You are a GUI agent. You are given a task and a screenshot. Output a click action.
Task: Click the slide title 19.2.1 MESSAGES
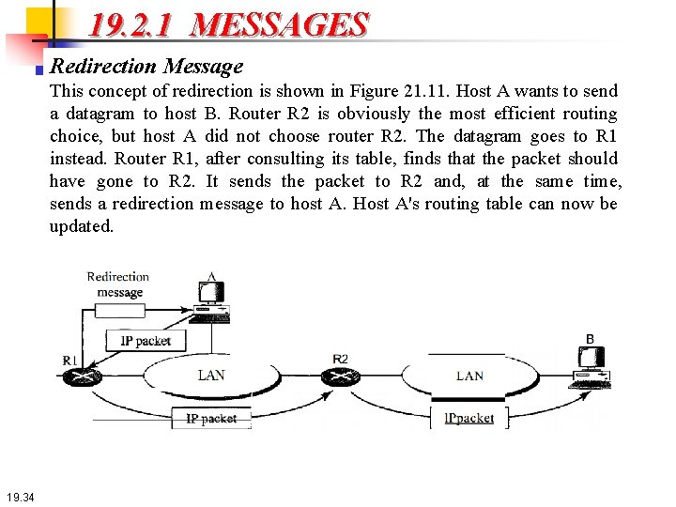tap(228, 24)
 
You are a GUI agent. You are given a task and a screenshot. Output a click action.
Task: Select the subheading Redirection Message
tap(146, 66)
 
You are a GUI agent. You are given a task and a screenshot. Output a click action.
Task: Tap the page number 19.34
tap(19, 497)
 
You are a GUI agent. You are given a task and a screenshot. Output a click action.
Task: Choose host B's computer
tap(591, 366)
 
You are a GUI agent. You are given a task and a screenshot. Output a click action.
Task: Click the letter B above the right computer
tap(590, 339)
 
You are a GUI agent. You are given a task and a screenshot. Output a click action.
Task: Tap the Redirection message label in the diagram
tap(118, 284)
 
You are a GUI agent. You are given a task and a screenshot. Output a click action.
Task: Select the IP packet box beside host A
tap(146, 341)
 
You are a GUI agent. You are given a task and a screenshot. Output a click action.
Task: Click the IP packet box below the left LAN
tap(211, 419)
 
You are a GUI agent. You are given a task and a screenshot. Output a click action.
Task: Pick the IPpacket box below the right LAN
tap(469, 418)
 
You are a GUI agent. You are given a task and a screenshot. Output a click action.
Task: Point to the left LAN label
tap(211, 375)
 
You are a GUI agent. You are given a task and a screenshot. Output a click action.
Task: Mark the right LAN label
tap(469, 376)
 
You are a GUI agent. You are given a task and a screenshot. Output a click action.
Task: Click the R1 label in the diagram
tap(70, 360)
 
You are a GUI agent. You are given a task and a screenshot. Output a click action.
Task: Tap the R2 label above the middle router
tap(340, 359)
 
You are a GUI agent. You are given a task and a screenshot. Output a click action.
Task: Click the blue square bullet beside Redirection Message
tap(39, 69)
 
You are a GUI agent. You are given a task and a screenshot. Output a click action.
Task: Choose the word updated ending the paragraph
tap(82, 226)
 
